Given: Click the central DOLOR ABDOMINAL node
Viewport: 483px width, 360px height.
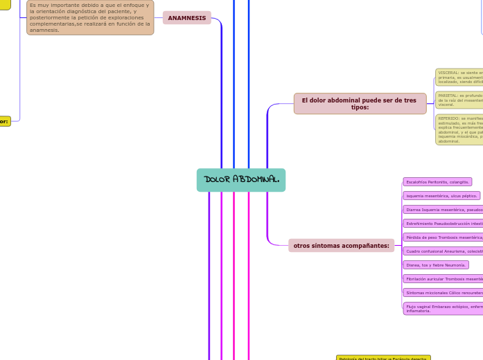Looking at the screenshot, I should pos(240,180).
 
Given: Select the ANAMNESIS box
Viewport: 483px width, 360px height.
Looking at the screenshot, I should pos(186,18).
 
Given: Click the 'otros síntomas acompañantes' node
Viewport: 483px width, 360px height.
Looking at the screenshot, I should pos(341,246).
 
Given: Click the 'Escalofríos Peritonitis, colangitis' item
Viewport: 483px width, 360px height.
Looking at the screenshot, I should pos(437,182).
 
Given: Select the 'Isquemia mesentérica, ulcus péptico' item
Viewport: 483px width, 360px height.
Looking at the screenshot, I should pos(441,196).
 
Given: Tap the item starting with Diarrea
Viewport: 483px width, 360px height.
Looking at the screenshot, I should pos(443,210).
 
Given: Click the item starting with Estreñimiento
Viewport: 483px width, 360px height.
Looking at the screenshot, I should pos(443,224).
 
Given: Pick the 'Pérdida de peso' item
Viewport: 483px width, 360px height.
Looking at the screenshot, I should pos(443,237).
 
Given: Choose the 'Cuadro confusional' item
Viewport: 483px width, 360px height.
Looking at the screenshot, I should pos(443,251).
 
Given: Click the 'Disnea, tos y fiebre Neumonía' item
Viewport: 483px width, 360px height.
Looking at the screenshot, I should pos(436,265).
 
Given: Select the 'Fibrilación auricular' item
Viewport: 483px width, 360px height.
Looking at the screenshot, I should pos(443,279).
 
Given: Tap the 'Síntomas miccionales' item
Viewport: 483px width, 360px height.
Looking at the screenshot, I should pos(443,293).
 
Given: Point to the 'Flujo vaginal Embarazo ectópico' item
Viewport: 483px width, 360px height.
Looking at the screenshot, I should pos(443,308).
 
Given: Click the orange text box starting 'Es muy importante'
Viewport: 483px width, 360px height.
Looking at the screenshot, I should pos(90,17).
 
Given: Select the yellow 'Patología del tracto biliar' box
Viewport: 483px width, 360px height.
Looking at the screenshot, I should pos(383,358).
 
